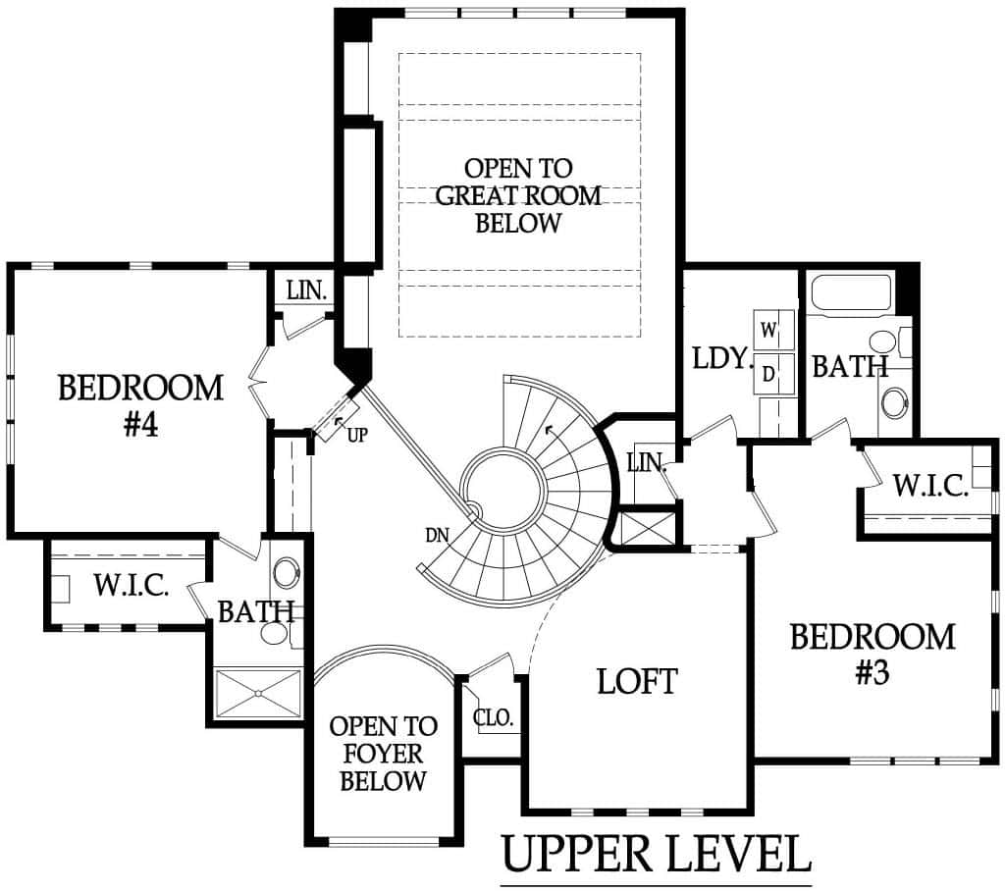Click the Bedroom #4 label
141,405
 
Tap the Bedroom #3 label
873,654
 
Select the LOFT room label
637,681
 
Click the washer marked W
773,331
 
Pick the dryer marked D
773,373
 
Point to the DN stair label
437,535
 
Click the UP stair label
357,436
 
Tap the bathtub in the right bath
852,293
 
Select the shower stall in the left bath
258,693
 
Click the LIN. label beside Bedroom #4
307,291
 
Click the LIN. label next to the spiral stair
647,463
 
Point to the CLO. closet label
494,717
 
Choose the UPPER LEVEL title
656,853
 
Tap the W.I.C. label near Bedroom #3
930,486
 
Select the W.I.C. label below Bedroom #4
132,585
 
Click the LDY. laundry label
722,358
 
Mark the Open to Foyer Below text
384,754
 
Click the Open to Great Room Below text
518,195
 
